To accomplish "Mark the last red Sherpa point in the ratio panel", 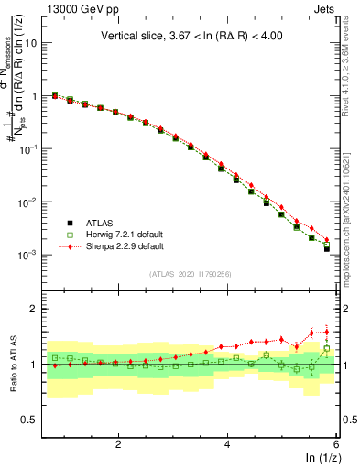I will click(x=326, y=332).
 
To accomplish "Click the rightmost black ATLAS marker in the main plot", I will click(x=326, y=248).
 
